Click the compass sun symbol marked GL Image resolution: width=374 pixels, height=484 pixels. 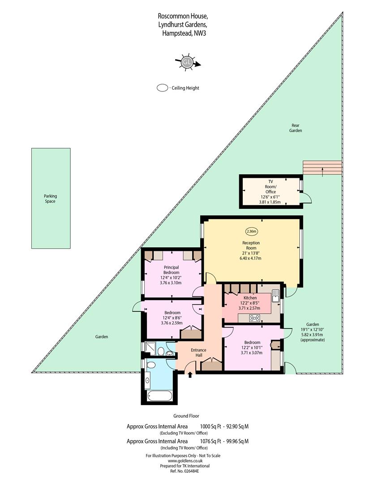(x=187, y=63)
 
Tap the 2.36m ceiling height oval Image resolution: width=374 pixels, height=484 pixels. (x=251, y=231)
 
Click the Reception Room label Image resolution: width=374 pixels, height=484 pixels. (x=251, y=246)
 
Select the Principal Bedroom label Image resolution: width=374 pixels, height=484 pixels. (x=171, y=270)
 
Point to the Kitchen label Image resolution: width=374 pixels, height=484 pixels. (x=250, y=298)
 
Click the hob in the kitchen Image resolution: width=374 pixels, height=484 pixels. (x=254, y=318)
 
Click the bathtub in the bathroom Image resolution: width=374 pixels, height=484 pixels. (x=159, y=396)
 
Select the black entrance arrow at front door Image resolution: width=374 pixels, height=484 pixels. (x=190, y=374)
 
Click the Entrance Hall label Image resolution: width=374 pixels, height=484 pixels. (x=198, y=353)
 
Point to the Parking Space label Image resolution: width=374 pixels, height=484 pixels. (x=50, y=199)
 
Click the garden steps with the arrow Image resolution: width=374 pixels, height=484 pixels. (x=322, y=168)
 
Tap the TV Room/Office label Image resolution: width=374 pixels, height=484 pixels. (x=271, y=186)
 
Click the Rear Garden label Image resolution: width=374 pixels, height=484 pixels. (x=296, y=128)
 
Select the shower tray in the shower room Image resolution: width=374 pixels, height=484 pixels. (x=150, y=349)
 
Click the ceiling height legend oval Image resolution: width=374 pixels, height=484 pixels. (x=162, y=88)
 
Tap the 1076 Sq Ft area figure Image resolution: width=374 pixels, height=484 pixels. (x=211, y=441)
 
